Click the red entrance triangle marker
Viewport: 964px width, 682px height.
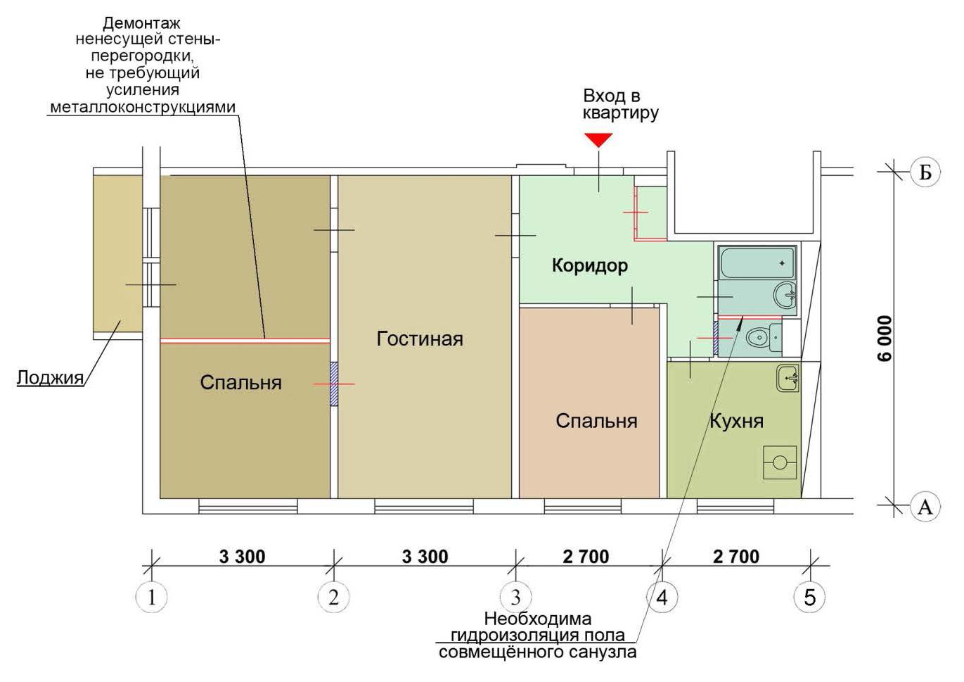pos(598,140)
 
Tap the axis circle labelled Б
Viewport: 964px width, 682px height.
pos(926,172)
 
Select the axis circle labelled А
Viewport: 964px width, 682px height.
pos(926,507)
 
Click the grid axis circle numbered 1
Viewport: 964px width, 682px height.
pos(151,598)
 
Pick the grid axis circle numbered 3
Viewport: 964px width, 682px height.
pos(515,598)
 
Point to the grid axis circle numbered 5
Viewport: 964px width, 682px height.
pos(809,598)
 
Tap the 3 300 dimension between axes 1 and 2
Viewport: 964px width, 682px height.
pos(243,557)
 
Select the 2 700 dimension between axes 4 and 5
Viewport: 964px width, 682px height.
pos(736,557)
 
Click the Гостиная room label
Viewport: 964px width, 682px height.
pos(420,339)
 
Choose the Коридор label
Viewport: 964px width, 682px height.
pos(590,266)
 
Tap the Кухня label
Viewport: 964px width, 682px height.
pos(736,421)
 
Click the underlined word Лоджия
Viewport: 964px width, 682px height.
pos(50,377)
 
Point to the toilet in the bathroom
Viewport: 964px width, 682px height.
pos(764,338)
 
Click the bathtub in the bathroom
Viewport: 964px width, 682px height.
pos(757,263)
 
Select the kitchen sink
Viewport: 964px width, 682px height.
pos(788,378)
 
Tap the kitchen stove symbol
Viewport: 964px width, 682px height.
pos(779,462)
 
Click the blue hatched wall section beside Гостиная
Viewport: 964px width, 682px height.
pos(333,384)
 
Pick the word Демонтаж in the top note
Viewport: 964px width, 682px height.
pos(141,23)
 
